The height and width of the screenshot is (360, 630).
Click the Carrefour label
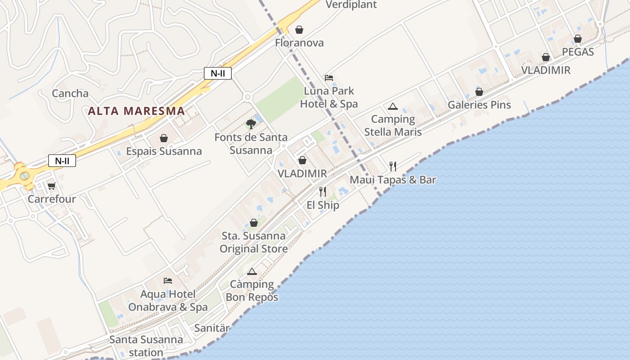coord(52,198)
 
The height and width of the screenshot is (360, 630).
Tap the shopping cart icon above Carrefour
coord(52,186)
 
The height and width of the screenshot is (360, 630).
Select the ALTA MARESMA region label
coord(136,111)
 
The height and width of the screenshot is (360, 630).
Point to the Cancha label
coord(70,93)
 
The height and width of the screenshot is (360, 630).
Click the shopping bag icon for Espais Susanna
coord(164,138)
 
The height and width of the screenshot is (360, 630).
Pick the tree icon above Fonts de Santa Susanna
coord(251,124)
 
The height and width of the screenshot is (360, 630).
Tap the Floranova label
coord(299,43)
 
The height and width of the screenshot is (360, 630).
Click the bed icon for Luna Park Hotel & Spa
coord(329,78)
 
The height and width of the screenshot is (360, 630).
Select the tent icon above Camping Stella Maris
coord(393,107)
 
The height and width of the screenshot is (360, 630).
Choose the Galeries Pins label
coord(479,105)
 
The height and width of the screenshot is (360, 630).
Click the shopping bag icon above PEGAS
coord(578,39)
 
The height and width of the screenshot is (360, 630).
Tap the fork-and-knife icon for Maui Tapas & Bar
coord(393,166)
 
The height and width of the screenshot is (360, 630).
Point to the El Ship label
coord(323,205)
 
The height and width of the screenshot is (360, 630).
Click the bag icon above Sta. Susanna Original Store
coord(254,223)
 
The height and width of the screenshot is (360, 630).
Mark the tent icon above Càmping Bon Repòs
coord(252,271)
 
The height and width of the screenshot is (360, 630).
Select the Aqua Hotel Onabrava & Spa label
coord(168,301)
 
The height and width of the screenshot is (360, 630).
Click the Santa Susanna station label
coord(146,346)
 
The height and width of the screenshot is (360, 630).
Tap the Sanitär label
coord(212,328)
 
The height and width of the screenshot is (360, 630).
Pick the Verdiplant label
coord(351,4)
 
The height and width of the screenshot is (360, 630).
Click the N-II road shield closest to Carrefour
coord(62,161)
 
